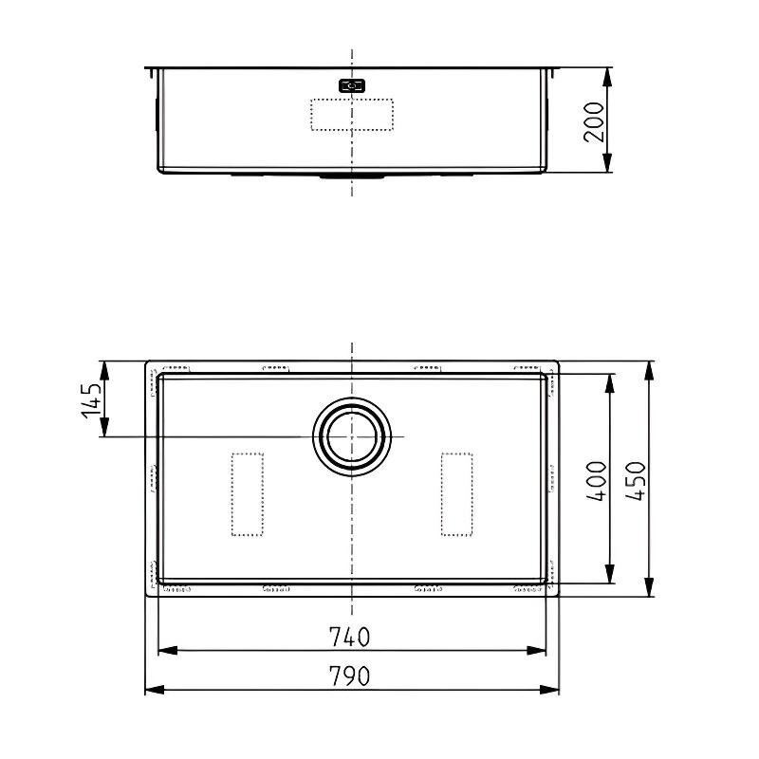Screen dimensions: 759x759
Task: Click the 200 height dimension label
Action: [595, 122]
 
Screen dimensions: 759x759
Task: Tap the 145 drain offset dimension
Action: [91, 400]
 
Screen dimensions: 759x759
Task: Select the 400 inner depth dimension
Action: [597, 481]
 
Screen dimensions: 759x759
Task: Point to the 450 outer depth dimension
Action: [635, 481]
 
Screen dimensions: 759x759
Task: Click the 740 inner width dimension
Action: [349, 637]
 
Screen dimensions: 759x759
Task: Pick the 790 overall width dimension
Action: [349, 676]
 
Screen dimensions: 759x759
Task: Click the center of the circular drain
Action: [352, 436]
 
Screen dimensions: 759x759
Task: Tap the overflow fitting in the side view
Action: [352, 86]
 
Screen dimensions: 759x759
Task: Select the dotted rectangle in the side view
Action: [352, 115]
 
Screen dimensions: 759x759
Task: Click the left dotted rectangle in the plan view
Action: [248, 494]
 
